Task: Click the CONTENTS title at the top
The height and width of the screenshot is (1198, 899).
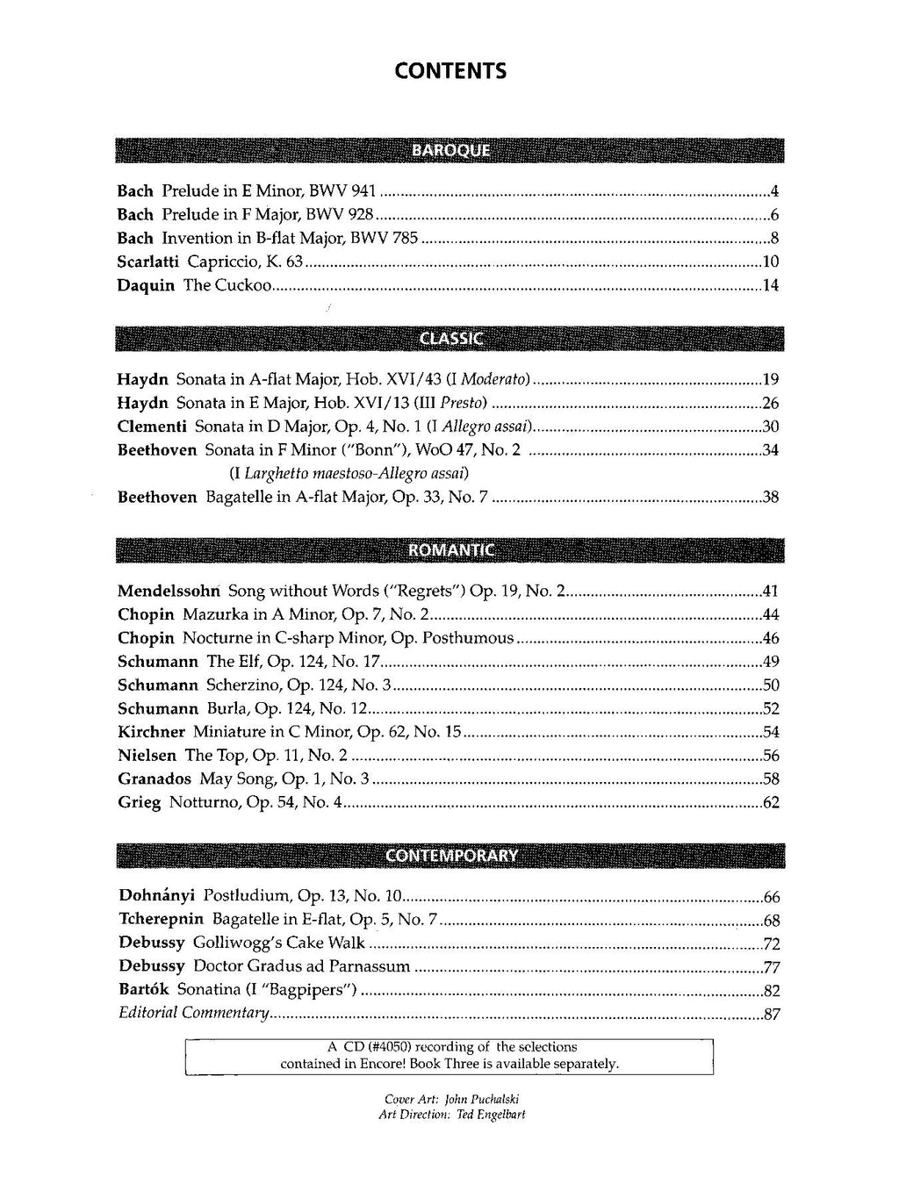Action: click(x=450, y=70)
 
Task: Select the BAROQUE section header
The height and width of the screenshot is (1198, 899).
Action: click(x=450, y=150)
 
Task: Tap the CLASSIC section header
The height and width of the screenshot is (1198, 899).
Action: click(x=450, y=339)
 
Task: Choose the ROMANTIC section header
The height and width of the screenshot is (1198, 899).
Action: click(x=450, y=550)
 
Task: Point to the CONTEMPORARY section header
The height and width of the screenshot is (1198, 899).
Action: click(x=450, y=856)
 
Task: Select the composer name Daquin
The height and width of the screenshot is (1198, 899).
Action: click(x=146, y=285)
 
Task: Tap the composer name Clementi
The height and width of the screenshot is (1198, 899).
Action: click(x=152, y=427)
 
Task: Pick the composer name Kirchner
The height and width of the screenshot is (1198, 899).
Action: click(x=151, y=732)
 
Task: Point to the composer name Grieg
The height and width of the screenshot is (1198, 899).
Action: click(x=139, y=802)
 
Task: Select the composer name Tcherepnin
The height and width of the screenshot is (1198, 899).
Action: click(x=161, y=920)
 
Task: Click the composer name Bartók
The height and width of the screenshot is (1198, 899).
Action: click(x=143, y=990)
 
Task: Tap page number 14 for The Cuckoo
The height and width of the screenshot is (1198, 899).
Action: click(x=771, y=285)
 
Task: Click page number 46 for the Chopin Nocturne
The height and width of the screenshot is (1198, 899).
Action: click(x=771, y=638)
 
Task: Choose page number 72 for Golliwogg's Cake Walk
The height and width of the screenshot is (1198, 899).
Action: click(x=772, y=943)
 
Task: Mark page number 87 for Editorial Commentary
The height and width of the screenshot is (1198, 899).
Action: click(x=772, y=1015)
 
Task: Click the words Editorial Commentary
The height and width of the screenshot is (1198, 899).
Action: click(x=193, y=1014)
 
